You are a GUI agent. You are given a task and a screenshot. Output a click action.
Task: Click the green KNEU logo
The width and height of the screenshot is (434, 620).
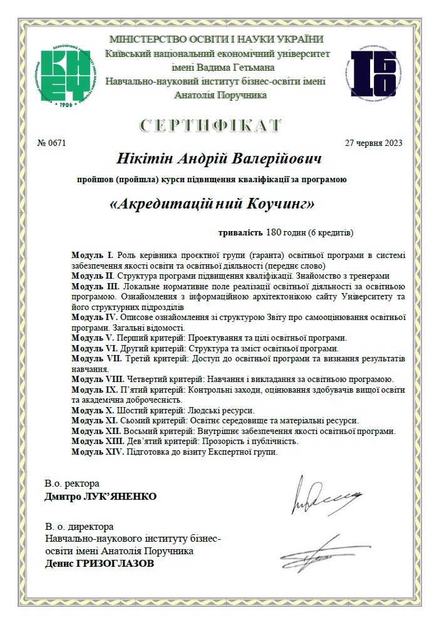pyautogui.click(x=69, y=76)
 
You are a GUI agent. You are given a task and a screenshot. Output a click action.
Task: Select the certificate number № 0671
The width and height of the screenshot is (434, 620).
pyautogui.click(x=52, y=143)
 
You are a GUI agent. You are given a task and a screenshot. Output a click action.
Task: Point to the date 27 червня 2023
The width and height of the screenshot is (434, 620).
pyautogui.click(x=374, y=143)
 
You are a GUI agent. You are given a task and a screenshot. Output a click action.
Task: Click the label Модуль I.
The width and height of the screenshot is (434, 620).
pyautogui.click(x=92, y=255)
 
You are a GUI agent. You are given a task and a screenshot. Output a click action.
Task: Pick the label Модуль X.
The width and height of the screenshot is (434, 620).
pyautogui.click(x=92, y=410)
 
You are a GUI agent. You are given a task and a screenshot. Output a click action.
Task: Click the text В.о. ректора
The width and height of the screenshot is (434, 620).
pyautogui.click(x=72, y=484)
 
